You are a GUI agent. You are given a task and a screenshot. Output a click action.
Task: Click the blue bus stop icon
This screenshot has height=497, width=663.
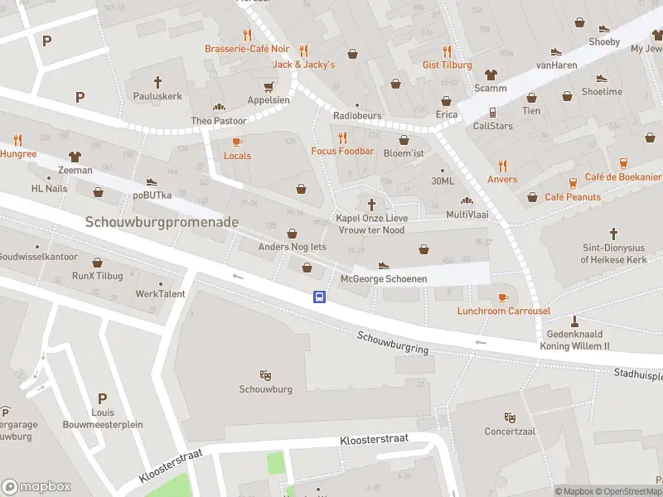319,297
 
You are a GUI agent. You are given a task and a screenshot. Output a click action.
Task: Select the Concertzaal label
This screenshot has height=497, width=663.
509,431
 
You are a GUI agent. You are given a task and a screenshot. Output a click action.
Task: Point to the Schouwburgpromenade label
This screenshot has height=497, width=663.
162,222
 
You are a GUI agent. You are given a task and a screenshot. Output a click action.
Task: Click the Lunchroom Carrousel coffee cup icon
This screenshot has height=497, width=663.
503,297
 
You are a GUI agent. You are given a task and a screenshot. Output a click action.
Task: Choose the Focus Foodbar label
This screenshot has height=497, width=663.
342,152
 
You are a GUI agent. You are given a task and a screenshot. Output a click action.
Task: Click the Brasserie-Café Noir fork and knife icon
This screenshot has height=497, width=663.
247,35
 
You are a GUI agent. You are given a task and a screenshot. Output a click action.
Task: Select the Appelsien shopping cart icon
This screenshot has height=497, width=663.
269,86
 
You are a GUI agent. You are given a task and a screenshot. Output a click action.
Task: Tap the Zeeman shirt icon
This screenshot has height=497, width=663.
75,156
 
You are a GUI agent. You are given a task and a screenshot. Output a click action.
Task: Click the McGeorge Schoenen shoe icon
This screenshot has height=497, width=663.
384,265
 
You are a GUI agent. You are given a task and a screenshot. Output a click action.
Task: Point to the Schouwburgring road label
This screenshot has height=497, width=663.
393,342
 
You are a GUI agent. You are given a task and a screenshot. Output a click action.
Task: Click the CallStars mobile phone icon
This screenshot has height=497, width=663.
492,112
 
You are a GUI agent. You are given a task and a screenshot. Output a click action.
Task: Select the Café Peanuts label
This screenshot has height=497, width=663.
573,197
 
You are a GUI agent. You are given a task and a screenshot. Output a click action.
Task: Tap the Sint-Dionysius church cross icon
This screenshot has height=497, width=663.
613,234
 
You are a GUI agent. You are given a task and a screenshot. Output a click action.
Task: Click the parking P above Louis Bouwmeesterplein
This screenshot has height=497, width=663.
102,398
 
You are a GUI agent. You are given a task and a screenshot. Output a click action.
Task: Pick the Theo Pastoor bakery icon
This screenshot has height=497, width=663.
219,107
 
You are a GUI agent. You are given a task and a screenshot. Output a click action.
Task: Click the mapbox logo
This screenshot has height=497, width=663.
36,486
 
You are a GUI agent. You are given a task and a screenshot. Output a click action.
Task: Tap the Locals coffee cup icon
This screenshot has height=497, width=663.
237,142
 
